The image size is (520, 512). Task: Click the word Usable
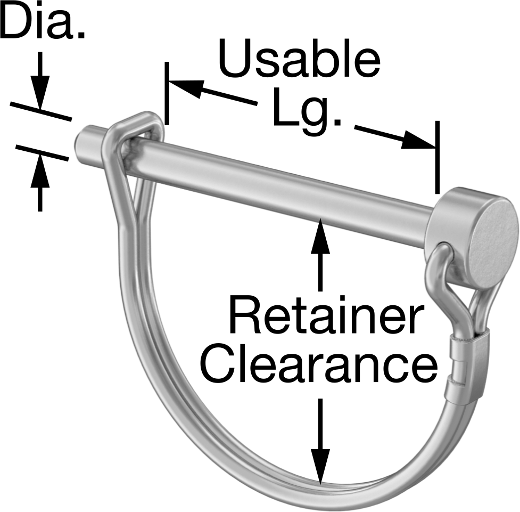299,58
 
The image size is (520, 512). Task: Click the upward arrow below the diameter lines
40,183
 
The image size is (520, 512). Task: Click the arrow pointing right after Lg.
394,136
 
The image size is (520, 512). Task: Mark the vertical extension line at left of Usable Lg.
167,93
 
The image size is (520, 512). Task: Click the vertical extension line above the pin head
438,157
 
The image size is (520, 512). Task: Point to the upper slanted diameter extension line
41,111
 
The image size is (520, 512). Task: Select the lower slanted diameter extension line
42,153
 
